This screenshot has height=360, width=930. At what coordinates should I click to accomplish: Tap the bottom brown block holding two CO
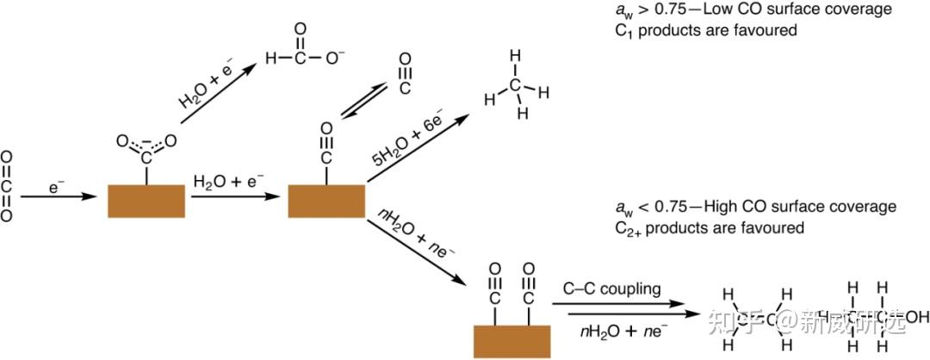[512, 340]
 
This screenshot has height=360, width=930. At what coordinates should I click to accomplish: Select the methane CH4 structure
[515, 86]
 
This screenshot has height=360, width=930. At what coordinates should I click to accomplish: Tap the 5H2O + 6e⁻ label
[412, 133]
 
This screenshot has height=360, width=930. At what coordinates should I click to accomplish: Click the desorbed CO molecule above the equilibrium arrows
[404, 74]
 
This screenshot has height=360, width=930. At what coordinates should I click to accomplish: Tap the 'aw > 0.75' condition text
[638, 9]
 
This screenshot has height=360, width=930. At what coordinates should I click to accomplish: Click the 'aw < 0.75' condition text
[638, 208]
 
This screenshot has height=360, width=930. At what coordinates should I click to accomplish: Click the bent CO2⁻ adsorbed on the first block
[146, 147]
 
